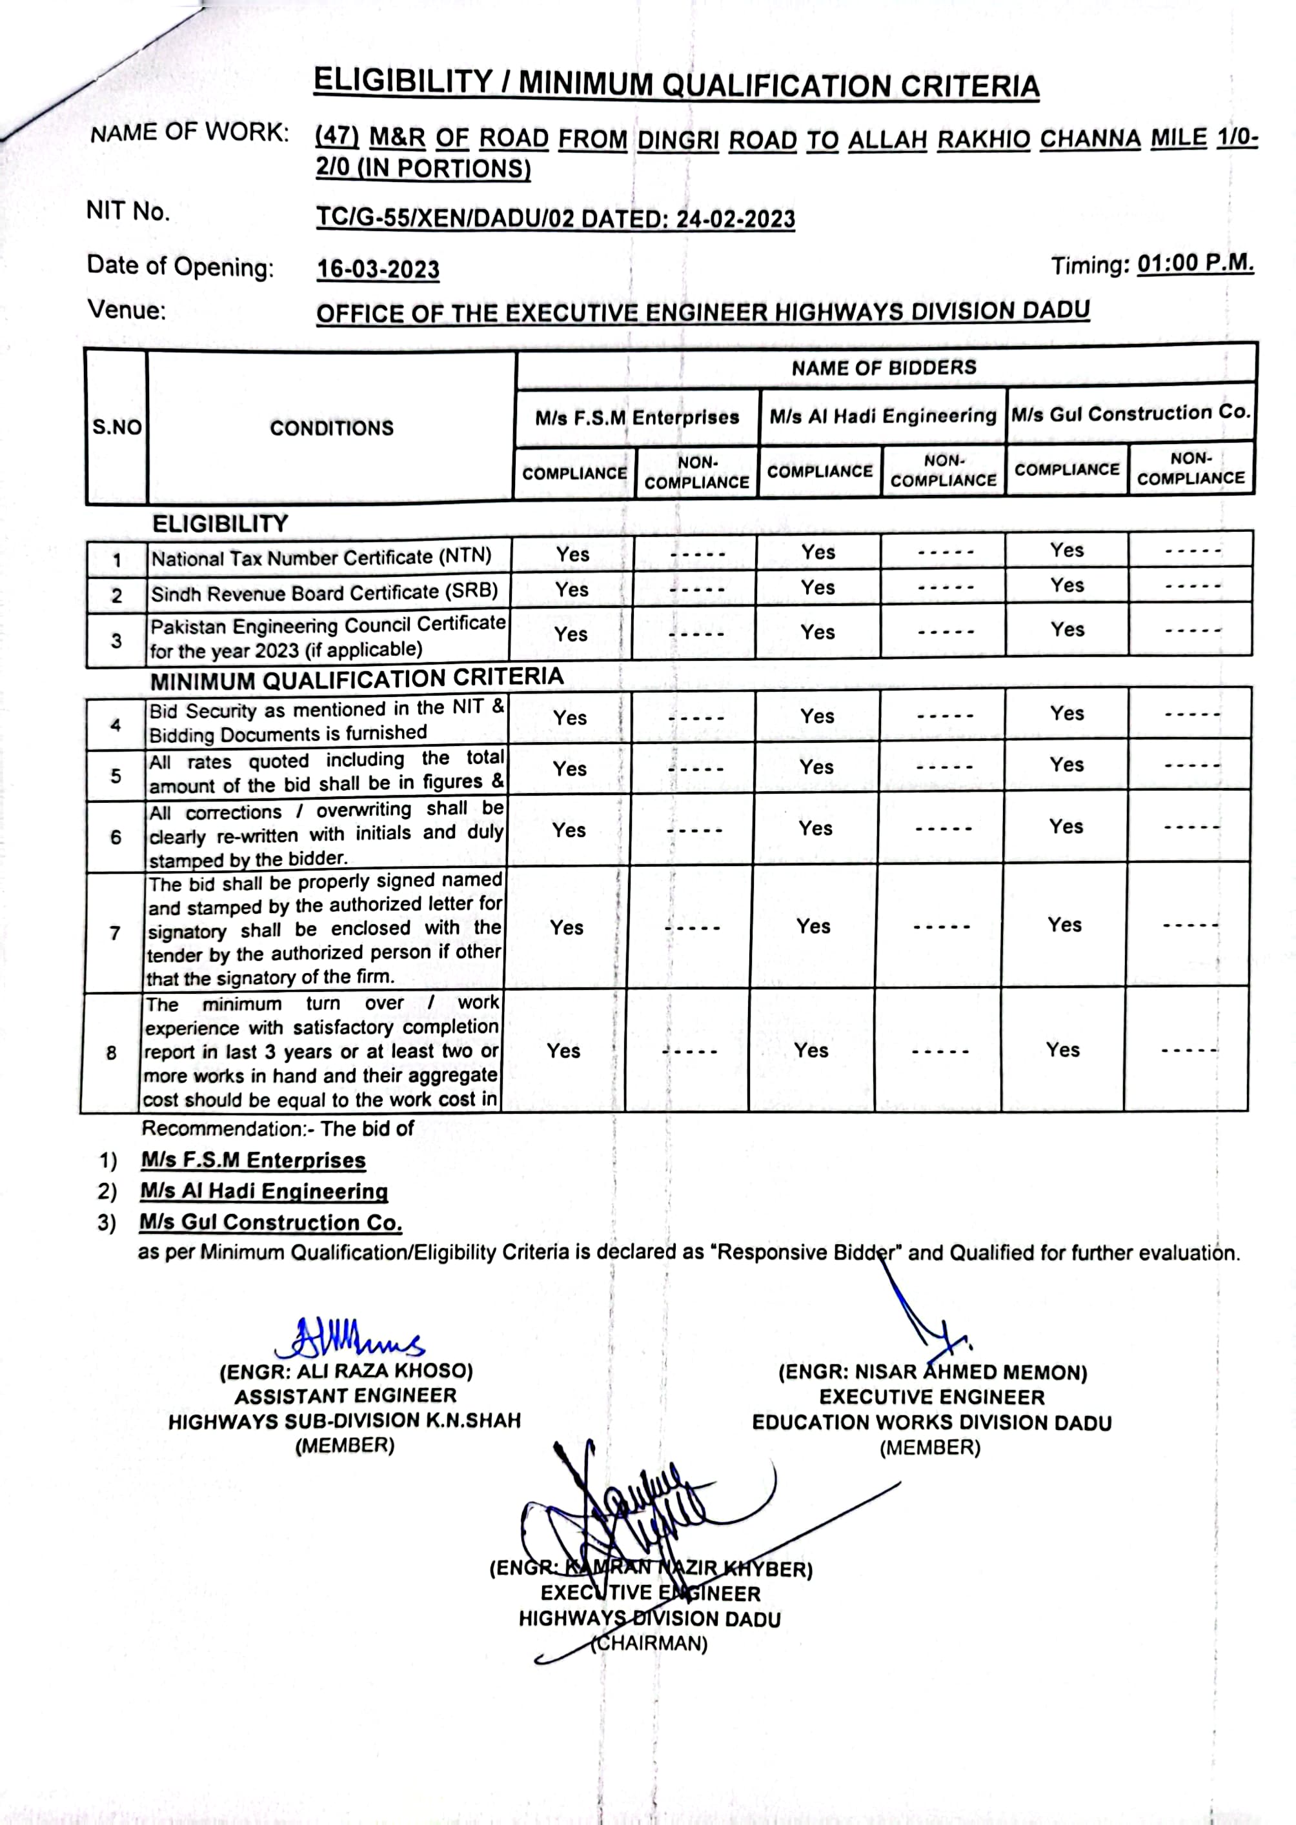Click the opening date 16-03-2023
[x=378, y=270]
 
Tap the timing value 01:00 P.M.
[x=1195, y=263]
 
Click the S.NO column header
[x=117, y=428]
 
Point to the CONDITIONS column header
[x=331, y=429]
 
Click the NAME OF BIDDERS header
[x=884, y=368]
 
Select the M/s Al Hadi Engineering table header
[x=883, y=416]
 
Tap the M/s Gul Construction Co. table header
[x=1130, y=414]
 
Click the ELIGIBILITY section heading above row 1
[x=220, y=523]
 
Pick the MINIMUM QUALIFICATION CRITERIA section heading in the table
[x=357, y=679]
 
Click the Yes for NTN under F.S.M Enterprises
[x=572, y=554]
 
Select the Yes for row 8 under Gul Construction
[x=1062, y=1049]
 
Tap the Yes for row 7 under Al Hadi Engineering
[x=813, y=927]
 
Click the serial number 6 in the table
[x=116, y=837]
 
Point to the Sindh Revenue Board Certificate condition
[x=324, y=593]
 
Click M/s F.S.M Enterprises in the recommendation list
[x=253, y=1160]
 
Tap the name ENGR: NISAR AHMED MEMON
[x=932, y=1373]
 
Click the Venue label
[x=127, y=310]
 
